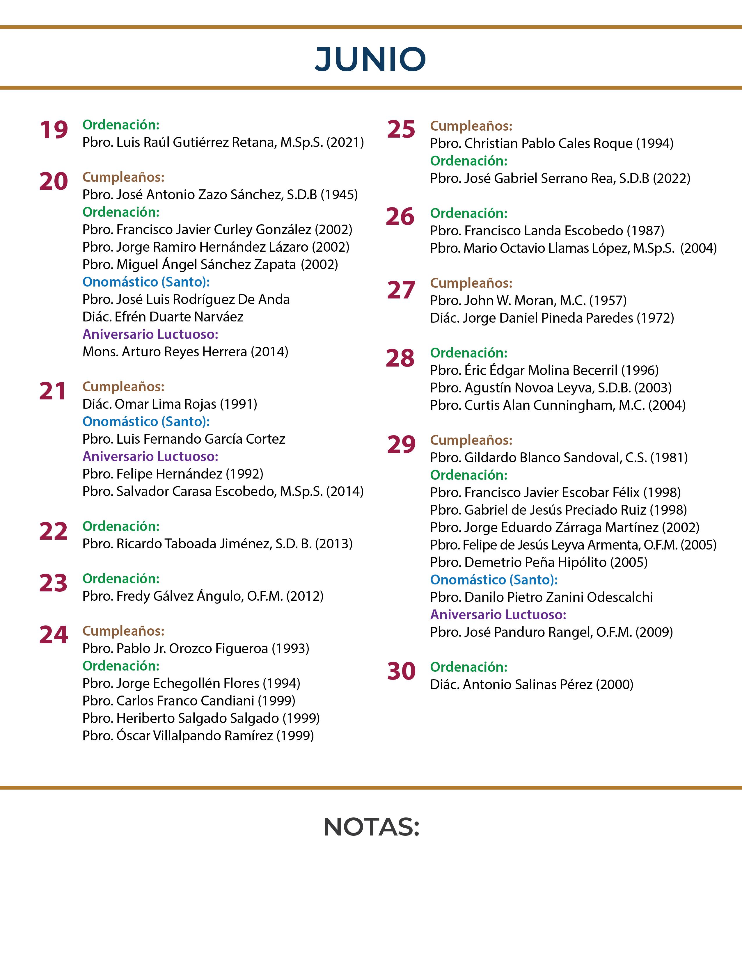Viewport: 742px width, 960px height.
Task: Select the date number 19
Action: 54,130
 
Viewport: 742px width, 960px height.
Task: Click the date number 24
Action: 54,635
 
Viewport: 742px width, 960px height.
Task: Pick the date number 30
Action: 401,671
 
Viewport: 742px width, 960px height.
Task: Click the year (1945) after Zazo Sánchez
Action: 339,195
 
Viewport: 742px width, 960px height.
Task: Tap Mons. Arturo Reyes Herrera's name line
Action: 185,352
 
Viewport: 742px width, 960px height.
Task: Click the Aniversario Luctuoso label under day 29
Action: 498,614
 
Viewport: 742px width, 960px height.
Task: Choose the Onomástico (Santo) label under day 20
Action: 146,282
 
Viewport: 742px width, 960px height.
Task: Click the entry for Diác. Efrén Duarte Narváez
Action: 163,317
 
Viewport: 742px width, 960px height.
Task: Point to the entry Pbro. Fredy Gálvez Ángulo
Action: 203,596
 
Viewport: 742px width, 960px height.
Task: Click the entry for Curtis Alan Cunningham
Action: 558,405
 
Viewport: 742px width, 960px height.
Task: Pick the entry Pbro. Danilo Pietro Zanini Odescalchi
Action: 541,597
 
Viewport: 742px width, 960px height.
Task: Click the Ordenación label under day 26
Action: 468,213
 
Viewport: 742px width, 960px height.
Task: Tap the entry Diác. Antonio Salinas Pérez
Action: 531,685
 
